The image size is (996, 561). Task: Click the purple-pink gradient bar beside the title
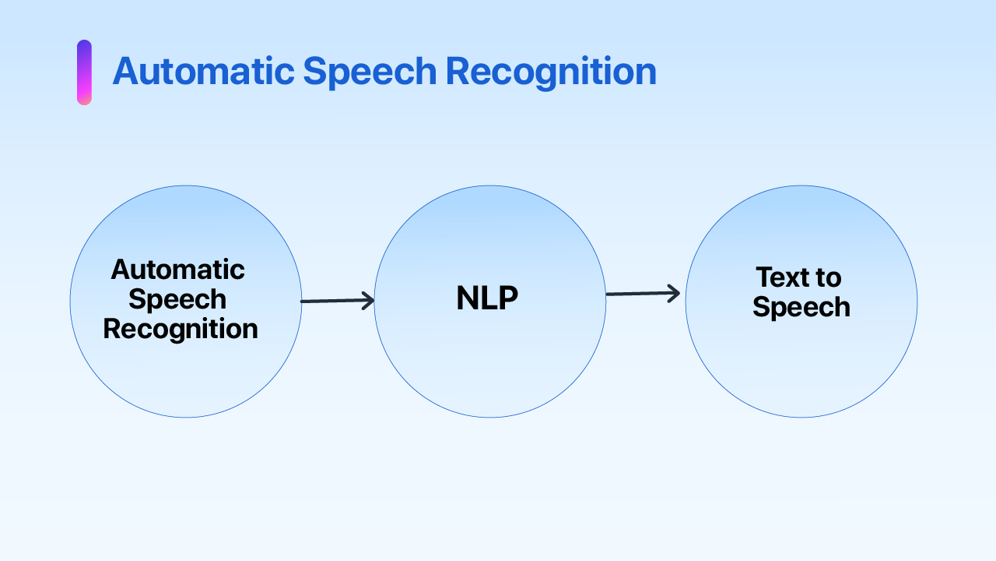click(x=84, y=72)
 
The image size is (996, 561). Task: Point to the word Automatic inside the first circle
click(x=177, y=270)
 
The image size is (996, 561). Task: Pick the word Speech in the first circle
click(x=177, y=299)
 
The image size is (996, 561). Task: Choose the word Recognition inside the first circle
click(x=181, y=329)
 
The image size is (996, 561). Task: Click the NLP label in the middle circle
click(x=487, y=299)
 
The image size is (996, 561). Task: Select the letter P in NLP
click(x=508, y=299)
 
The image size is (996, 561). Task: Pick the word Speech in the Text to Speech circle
click(x=801, y=307)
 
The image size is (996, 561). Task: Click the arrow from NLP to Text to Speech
click(x=643, y=294)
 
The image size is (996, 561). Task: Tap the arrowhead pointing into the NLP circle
click(x=368, y=301)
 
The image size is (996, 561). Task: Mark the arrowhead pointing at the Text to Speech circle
click(x=674, y=294)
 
